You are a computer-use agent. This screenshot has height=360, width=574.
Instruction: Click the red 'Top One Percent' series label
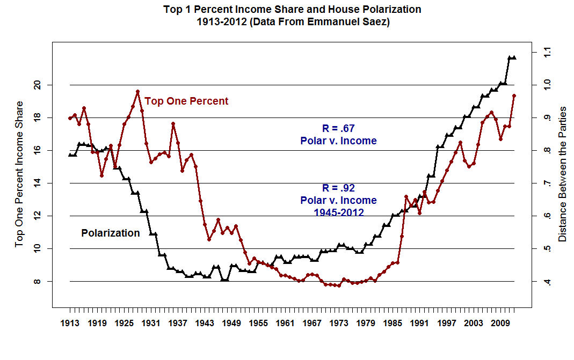(186, 101)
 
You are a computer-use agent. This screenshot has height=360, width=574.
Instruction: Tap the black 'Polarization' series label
(111, 233)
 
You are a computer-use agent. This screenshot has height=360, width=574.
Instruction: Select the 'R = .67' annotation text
(338, 128)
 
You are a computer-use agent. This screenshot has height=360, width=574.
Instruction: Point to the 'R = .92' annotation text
(338, 188)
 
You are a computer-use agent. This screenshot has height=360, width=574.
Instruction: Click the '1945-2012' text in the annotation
(338, 212)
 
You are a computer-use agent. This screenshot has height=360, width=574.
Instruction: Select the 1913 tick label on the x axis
(70, 324)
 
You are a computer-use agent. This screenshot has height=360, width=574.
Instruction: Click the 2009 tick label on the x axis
(500, 324)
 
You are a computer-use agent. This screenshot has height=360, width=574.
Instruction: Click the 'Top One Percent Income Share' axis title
(19, 174)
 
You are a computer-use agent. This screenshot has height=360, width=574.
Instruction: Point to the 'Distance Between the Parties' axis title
(562, 174)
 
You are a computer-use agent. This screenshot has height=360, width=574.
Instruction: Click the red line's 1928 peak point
(137, 92)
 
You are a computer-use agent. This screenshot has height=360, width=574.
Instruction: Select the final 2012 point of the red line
(514, 95)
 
